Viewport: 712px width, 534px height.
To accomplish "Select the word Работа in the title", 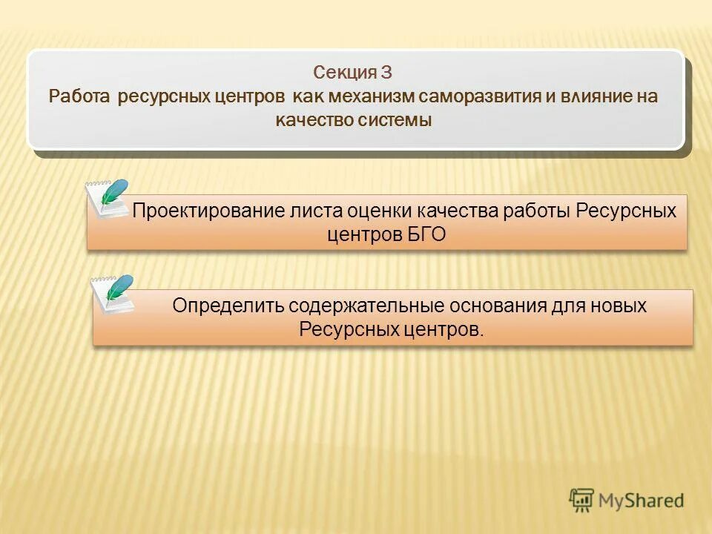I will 79,97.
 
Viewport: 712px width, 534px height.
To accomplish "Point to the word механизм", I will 376,97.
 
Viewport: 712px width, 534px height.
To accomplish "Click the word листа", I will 317,211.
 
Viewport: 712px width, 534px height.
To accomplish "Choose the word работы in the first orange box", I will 537,211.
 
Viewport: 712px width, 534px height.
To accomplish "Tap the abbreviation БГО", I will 426,234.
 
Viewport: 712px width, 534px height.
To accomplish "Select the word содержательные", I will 365,306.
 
